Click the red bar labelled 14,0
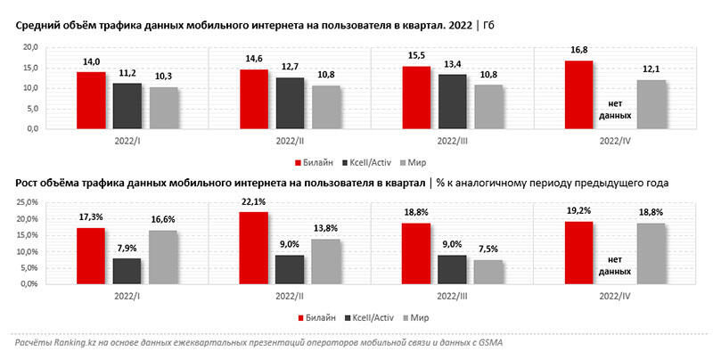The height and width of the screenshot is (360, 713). (91, 100)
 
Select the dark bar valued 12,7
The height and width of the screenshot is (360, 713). (291, 102)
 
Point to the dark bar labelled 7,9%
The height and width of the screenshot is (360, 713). (127, 271)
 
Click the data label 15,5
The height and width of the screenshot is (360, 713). (417, 58)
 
